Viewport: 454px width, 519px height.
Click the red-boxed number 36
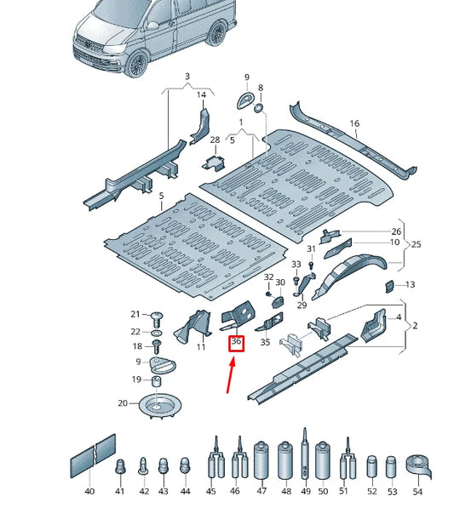tap(237, 344)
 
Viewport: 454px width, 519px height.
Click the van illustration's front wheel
tap(137, 66)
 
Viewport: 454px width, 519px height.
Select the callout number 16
tap(354, 123)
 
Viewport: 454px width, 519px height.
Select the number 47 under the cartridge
tap(261, 492)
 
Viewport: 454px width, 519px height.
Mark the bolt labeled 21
tap(156, 317)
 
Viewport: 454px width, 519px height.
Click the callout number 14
tap(202, 94)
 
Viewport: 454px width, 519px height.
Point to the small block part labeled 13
tap(387, 285)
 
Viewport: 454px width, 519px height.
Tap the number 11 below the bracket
tap(201, 347)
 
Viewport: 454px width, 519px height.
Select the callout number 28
tap(215, 140)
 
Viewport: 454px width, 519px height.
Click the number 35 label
tap(265, 343)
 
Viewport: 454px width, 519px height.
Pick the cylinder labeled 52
tap(371, 467)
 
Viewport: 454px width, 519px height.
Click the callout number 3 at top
tap(187, 77)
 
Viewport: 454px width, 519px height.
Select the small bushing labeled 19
tap(158, 379)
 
